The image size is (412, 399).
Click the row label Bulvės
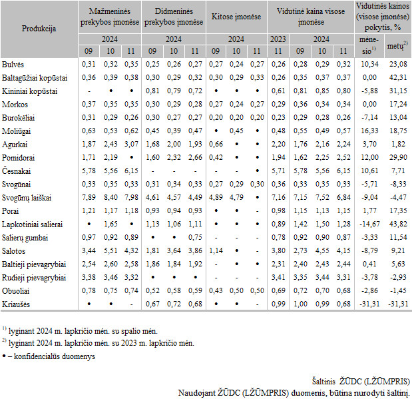(x=13, y=65)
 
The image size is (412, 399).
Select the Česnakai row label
(x=16, y=171)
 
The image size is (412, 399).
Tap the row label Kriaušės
(x=16, y=304)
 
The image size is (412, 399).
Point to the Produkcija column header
(x=39, y=29)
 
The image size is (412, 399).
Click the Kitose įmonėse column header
(x=236, y=17)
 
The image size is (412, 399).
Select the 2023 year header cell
(x=278, y=39)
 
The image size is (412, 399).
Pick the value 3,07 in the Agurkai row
(x=131, y=144)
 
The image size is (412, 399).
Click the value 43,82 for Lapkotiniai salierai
(x=398, y=224)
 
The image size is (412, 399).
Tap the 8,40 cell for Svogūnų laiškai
(x=110, y=197)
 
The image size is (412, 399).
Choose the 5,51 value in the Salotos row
(x=110, y=250)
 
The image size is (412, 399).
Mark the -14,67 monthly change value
(x=369, y=224)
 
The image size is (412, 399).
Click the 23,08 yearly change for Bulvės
(x=398, y=64)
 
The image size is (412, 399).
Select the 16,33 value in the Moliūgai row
(x=369, y=131)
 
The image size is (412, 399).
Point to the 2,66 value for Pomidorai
(x=195, y=158)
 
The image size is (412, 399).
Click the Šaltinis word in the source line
(x=323, y=381)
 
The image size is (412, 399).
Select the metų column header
(x=397, y=46)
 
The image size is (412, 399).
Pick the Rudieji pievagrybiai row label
(x=34, y=278)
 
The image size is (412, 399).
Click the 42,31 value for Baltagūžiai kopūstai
(x=398, y=77)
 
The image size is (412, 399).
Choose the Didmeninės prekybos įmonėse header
(x=174, y=17)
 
